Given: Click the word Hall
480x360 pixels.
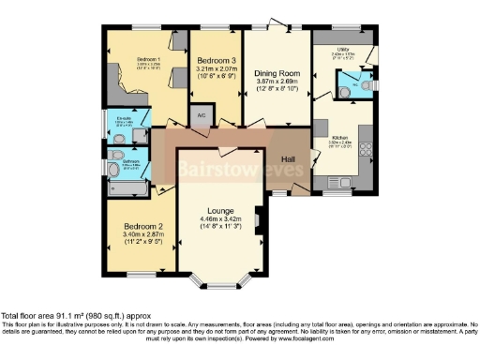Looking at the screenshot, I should point(290,159).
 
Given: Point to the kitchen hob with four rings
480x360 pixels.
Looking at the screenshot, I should point(365,149).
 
